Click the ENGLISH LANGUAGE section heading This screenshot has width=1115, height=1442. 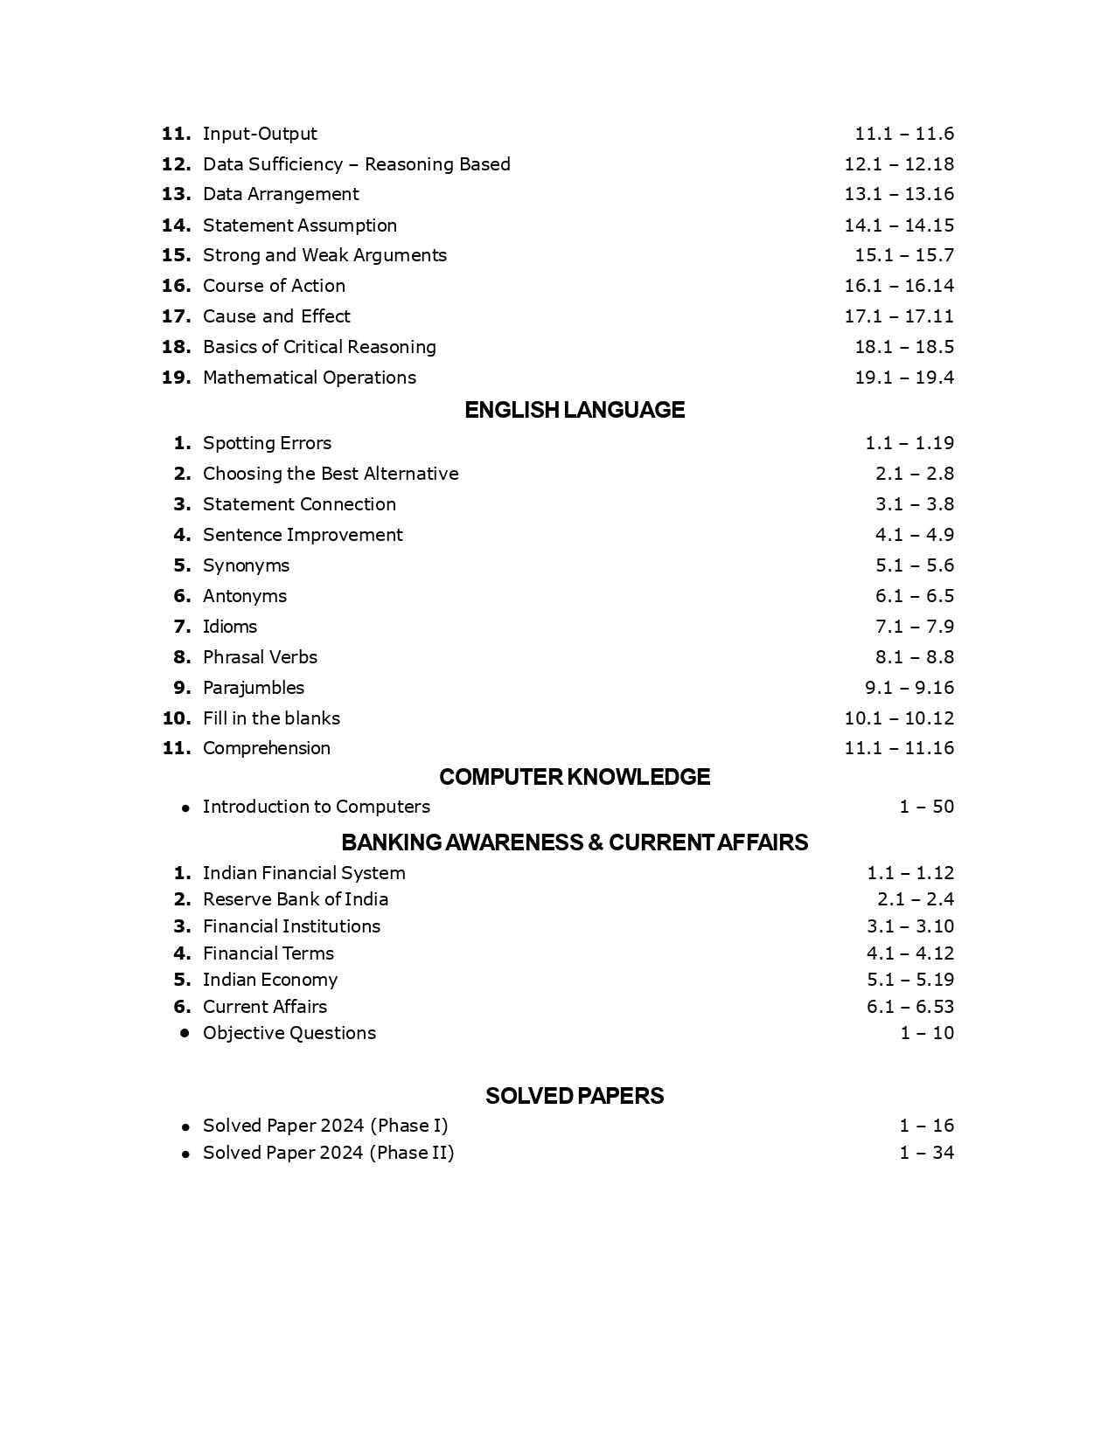pyautogui.click(x=575, y=410)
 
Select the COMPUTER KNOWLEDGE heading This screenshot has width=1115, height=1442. pyautogui.click(x=575, y=777)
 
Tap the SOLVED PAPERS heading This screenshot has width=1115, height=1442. pyautogui.click(x=575, y=1096)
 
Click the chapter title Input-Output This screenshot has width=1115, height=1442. pyautogui.click(x=260, y=134)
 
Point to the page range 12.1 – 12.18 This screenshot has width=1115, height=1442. pyautogui.click(x=899, y=164)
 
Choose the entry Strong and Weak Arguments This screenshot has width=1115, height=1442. pyautogui.click(x=324, y=255)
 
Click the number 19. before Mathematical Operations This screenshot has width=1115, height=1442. pyautogui.click(x=176, y=378)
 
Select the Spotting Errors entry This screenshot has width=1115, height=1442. pyautogui.click(x=267, y=443)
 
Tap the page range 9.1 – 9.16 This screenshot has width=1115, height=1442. pyautogui.click(x=909, y=688)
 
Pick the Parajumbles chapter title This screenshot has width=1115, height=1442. pyautogui.click(x=254, y=688)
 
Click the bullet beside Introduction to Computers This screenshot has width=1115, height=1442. pyautogui.click(x=185, y=808)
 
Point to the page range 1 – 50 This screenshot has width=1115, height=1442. pyautogui.click(x=927, y=807)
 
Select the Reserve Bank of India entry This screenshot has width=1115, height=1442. pyautogui.click(x=296, y=899)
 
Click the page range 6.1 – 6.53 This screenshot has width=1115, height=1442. pyautogui.click(x=910, y=1007)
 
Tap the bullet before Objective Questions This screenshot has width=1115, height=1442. pyautogui.click(x=185, y=1033)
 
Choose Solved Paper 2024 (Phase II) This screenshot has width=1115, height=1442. pyautogui.click(x=328, y=1153)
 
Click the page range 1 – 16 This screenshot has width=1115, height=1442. pyautogui.click(x=927, y=1126)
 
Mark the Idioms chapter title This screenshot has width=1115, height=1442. pyautogui.click(x=230, y=627)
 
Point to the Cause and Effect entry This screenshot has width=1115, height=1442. pyautogui.click(x=276, y=316)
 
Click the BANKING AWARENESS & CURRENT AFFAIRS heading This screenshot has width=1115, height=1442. pyautogui.click(x=575, y=842)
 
